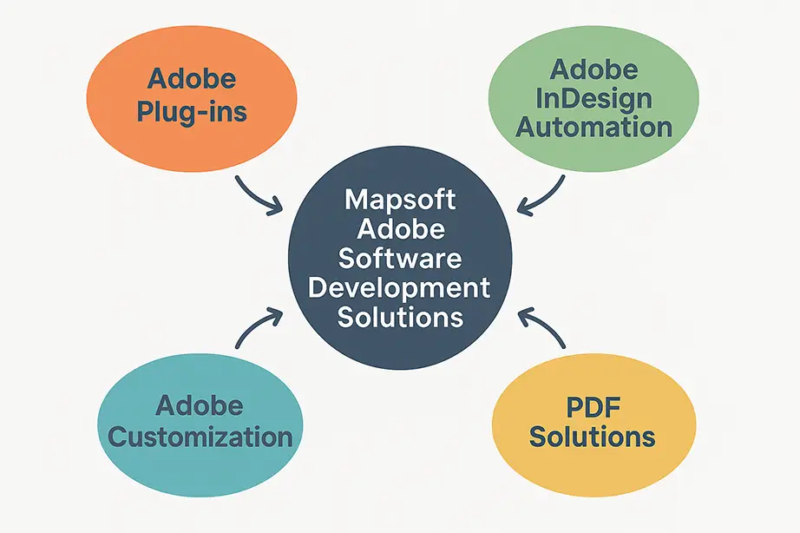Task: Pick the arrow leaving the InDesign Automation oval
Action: click(x=543, y=196)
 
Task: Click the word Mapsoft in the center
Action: click(x=400, y=200)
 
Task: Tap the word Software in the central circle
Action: click(x=400, y=258)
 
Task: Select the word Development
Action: click(x=400, y=287)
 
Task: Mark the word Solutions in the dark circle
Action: click(x=400, y=317)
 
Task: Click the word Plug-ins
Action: click(x=192, y=111)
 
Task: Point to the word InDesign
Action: click(x=593, y=97)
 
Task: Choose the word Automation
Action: click(x=593, y=127)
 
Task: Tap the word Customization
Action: click(x=200, y=436)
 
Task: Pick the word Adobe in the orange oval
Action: click(x=192, y=80)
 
